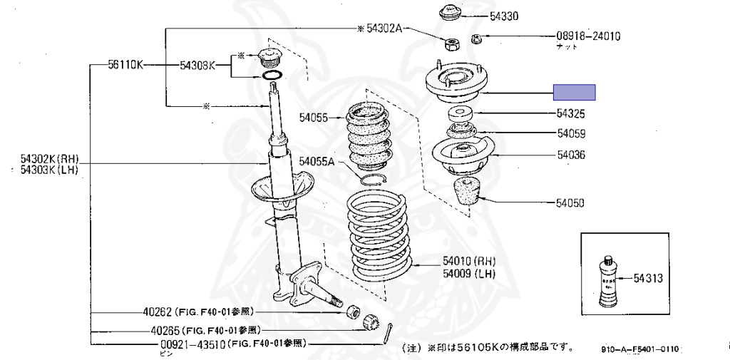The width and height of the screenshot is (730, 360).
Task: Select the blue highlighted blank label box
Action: pos(575,92)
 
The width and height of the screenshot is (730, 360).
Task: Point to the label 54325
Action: pos(570,113)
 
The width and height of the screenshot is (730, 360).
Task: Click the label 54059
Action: pos(570,133)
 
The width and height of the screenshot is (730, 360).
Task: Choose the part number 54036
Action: pos(570,154)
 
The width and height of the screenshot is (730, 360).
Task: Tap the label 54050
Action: pos(570,203)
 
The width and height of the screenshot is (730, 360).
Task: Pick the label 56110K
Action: pos(125,65)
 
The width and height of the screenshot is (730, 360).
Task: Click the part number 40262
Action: pos(156,312)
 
